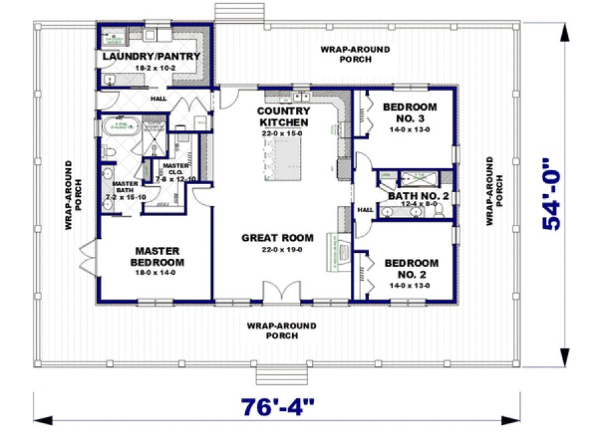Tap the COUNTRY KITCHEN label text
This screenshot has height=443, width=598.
pyautogui.click(x=284, y=116)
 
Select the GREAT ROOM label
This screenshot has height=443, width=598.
pyautogui.click(x=277, y=238)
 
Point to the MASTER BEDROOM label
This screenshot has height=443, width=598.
pyautogui.click(x=158, y=256)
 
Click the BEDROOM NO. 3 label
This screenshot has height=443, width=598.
pyautogui.click(x=410, y=112)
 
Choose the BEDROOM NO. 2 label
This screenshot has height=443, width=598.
pyautogui.click(x=412, y=268)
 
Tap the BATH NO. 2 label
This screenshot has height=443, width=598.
pyautogui.click(x=418, y=196)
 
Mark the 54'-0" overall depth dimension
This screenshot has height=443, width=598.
pyautogui.click(x=552, y=193)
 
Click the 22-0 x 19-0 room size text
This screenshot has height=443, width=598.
pyautogui.click(x=277, y=250)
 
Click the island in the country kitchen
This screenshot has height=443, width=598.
pyautogui.click(x=287, y=160)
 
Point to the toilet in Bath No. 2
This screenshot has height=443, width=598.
pyautogui.click(x=438, y=211)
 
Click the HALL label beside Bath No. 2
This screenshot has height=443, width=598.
pyautogui.click(x=365, y=209)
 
